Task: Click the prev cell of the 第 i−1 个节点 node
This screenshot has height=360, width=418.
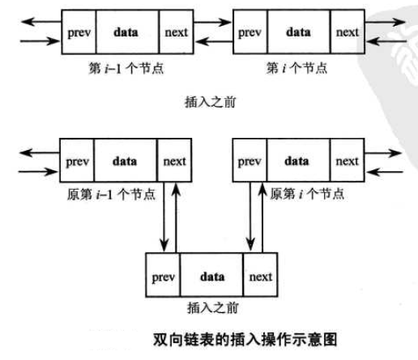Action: (x=79, y=32)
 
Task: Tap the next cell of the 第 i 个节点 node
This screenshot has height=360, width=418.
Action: (x=346, y=32)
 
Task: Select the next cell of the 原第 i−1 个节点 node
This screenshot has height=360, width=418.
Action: (x=173, y=161)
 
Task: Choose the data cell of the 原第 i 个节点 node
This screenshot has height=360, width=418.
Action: (x=297, y=161)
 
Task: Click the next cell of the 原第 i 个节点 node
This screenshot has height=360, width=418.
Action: (x=346, y=161)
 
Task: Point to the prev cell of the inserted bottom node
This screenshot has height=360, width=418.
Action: (x=164, y=276)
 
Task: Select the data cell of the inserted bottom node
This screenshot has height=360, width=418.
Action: (x=211, y=276)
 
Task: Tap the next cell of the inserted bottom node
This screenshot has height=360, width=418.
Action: (x=260, y=276)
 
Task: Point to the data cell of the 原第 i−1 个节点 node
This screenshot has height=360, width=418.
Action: (x=126, y=161)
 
